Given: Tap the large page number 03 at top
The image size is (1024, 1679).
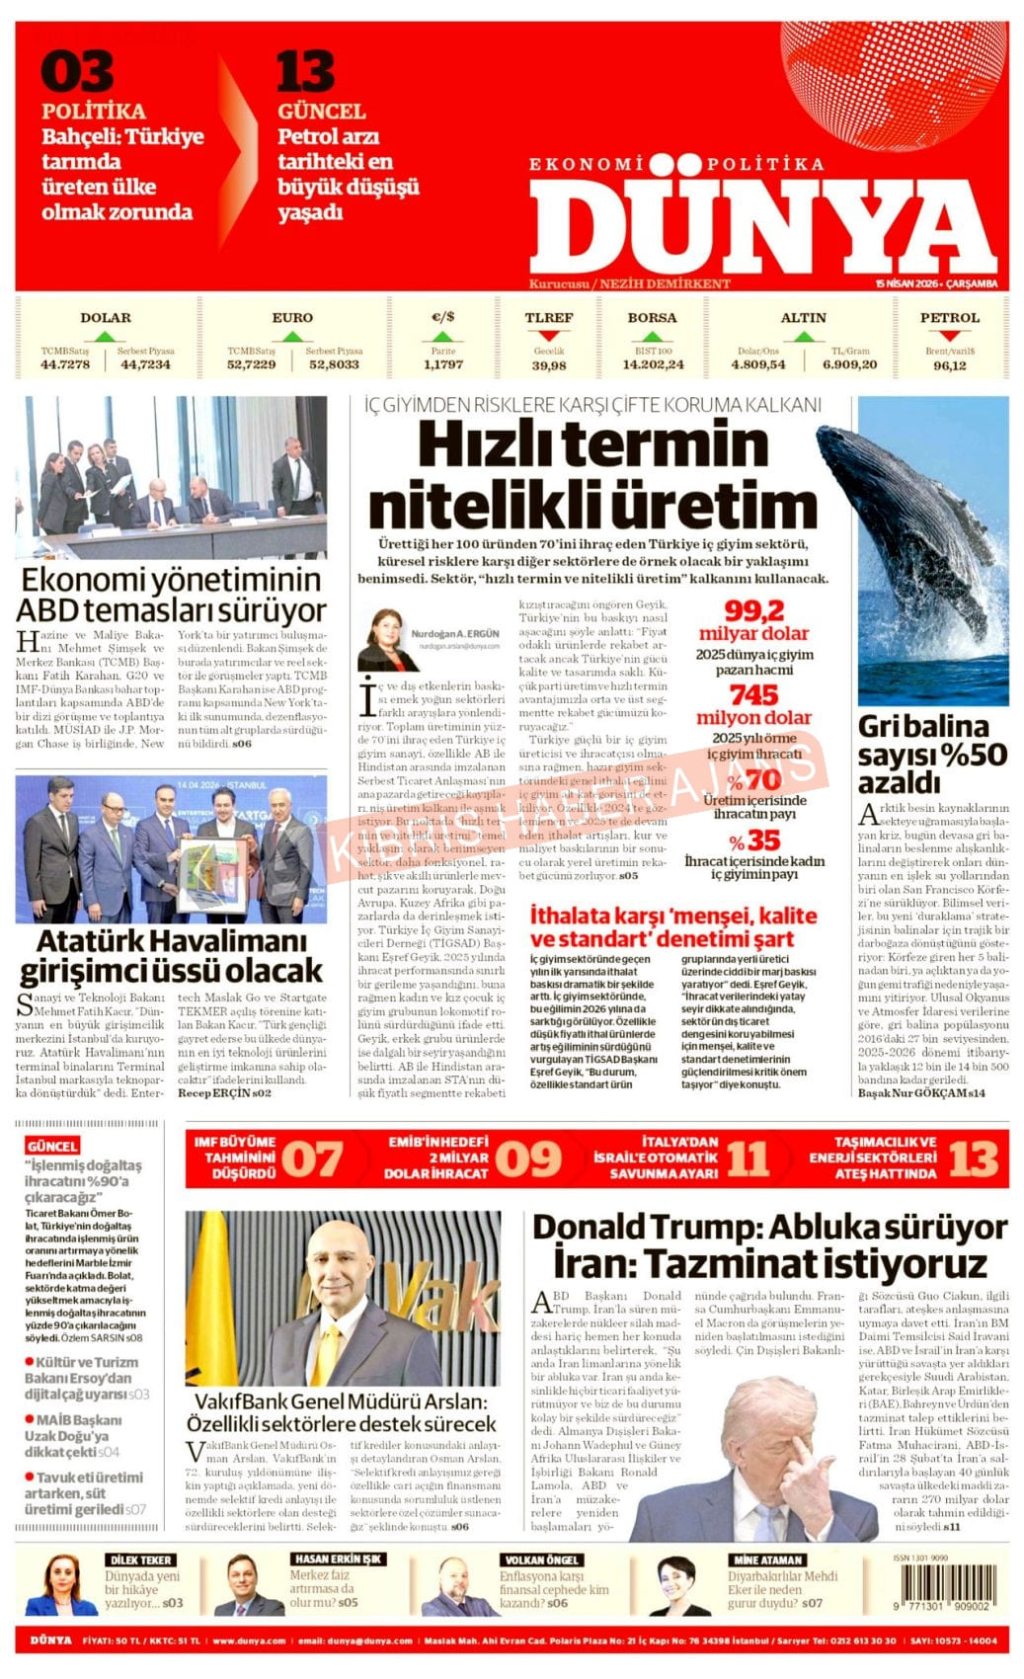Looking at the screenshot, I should [77, 72].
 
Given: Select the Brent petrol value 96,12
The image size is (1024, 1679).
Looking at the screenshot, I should [949, 365].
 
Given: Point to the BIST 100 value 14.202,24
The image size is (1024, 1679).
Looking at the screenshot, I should [653, 365].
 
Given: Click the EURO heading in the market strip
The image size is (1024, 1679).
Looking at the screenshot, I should [292, 318].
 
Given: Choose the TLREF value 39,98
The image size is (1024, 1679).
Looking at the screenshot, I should [549, 365].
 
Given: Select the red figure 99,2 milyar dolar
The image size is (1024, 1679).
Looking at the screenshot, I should [753, 621].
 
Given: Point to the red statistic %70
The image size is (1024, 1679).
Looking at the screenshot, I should [754, 780].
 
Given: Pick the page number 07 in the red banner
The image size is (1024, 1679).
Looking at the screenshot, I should [312, 1159].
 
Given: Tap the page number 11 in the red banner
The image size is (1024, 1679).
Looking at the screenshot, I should [747, 1159].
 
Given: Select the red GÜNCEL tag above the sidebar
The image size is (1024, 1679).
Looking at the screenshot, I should [52, 1146].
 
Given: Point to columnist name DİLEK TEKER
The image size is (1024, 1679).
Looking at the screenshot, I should [141, 1559].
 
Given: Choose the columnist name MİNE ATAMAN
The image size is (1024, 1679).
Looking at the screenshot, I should [766, 1559].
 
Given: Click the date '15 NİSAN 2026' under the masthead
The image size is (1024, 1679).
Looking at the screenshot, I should [906, 283].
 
